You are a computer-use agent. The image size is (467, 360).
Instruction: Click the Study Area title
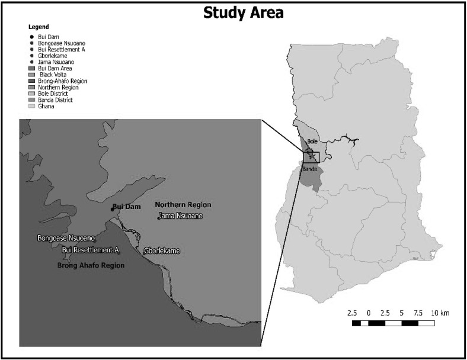[244, 12]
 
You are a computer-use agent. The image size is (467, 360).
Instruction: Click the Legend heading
[39, 27]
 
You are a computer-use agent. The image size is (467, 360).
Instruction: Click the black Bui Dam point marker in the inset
[112, 208]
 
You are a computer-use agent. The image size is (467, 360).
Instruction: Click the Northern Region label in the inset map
[183, 205]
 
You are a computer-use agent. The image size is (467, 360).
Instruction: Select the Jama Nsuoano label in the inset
[180, 216]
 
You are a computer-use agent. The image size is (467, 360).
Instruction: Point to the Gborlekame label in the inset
[161, 251]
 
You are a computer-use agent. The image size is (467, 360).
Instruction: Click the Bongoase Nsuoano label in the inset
[66, 238]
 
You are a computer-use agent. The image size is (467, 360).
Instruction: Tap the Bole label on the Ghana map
[313, 142]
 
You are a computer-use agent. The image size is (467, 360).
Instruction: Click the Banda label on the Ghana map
[310, 169]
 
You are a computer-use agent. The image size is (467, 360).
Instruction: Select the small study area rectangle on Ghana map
[311, 156]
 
